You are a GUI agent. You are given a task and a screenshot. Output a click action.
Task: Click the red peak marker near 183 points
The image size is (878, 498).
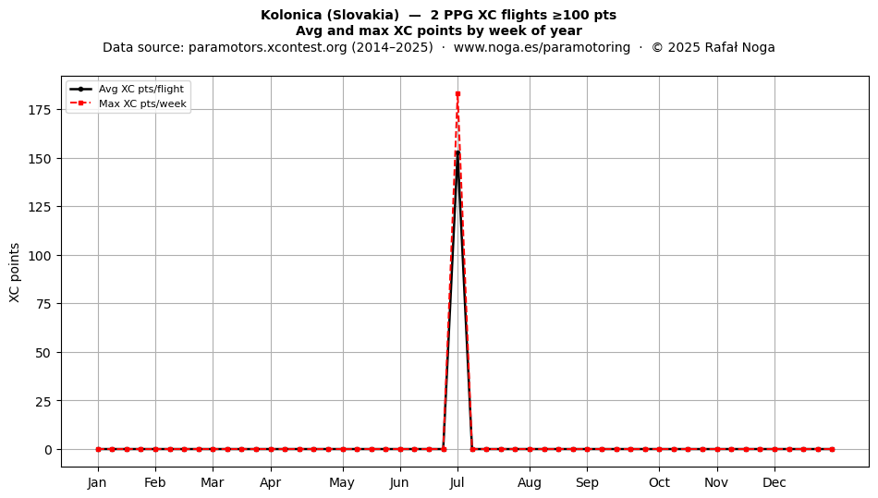tap(457, 94)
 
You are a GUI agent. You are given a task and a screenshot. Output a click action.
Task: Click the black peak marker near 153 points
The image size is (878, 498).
tap(457, 152)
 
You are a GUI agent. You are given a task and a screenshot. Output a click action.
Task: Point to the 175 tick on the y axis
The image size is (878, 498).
tap(39, 110)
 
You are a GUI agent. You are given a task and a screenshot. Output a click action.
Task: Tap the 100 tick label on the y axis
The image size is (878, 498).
tap(39, 256)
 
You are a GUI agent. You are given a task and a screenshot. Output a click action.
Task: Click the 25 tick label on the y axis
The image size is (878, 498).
tap(43, 401)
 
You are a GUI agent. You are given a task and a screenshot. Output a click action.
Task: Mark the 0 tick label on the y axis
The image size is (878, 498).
tap(48, 450)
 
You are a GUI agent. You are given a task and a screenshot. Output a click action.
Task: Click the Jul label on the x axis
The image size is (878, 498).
tap(457, 482)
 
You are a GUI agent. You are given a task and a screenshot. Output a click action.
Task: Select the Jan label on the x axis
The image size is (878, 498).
tap(97, 482)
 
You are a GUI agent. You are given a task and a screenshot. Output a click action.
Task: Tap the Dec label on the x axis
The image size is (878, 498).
tap(774, 482)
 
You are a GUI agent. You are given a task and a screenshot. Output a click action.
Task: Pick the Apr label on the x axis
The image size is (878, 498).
tap(271, 483)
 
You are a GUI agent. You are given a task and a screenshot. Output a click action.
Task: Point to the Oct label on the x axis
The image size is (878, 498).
tap(659, 482)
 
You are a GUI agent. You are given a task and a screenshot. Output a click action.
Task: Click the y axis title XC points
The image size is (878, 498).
tap(15, 273)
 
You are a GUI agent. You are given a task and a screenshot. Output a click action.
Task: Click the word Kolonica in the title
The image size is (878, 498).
tap(290, 15)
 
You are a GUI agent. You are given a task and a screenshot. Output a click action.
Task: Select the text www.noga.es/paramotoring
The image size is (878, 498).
tap(542, 47)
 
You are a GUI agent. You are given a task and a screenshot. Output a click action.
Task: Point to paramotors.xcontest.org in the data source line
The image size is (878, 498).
tap(268, 47)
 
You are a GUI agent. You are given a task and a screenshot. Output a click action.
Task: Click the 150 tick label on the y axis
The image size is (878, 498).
tap(39, 159)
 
